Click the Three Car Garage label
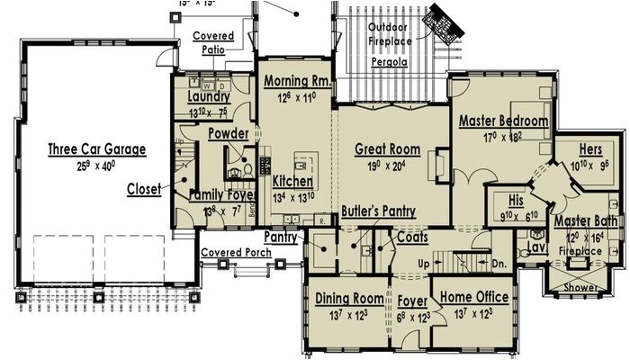pyautogui.click(x=96, y=149)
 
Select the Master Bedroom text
pyautogui.click(x=503, y=121)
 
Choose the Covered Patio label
pyautogui.click(x=213, y=43)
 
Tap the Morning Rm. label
pyautogui.click(x=298, y=81)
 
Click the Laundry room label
pyautogui.click(x=209, y=97)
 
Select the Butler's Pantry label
pyautogui.click(x=378, y=211)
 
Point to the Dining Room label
pyautogui.click(x=348, y=298)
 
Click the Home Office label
pyautogui.click(x=473, y=298)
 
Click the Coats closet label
pyautogui.click(x=411, y=237)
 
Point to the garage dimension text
pyautogui.click(x=97, y=166)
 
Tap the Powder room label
pyautogui.click(x=229, y=134)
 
